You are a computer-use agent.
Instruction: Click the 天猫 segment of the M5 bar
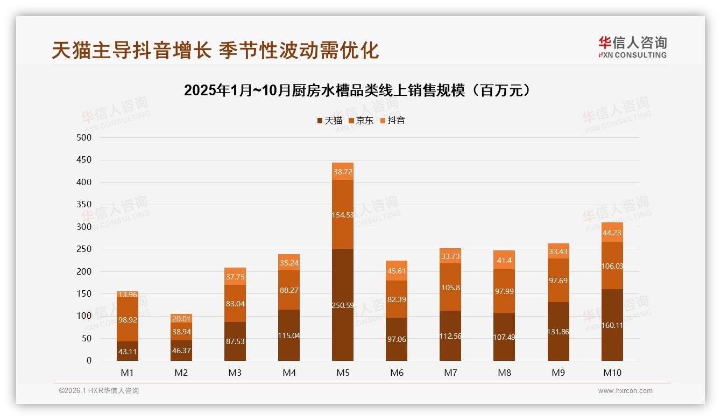click(343, 305)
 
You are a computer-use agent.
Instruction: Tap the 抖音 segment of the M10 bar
click(612, 233)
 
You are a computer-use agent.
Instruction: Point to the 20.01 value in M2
click(181, 318)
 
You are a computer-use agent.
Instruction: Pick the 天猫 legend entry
click(330, 121)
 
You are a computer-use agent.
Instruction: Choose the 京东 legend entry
click(361, 121)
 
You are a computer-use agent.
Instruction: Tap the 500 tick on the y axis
click(85, 138)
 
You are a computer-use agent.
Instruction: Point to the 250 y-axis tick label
click(85, 249)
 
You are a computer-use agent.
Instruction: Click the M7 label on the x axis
click(450, 373)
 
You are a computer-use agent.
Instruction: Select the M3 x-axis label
click(235, 373)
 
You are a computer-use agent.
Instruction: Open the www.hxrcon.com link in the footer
click(625, 391)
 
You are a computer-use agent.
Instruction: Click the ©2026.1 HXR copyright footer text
click(98, 391)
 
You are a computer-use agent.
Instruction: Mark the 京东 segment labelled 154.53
click(343, 214)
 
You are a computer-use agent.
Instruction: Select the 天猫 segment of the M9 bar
click(558, 331)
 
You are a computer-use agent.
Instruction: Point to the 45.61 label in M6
click(397, 271)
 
